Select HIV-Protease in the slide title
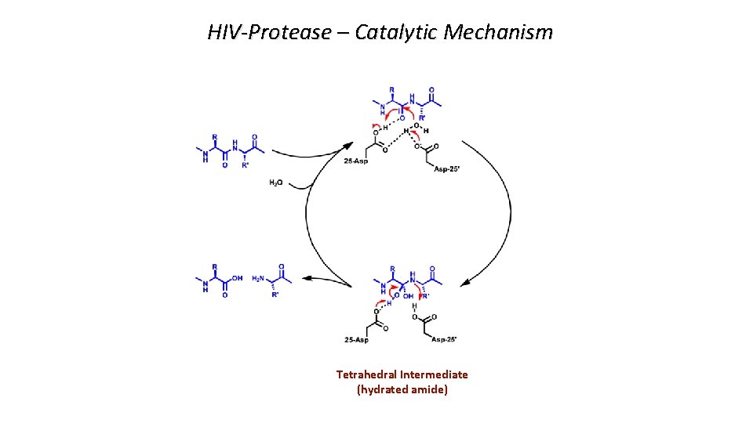[269, 32]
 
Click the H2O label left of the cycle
[277, 183]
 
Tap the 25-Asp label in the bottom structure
[358, 339]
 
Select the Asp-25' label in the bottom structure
[439, 339]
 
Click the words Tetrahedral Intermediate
[402, 374]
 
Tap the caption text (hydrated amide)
[402, 389]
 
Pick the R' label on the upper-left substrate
[246, 165]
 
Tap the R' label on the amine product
[275, 295]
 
